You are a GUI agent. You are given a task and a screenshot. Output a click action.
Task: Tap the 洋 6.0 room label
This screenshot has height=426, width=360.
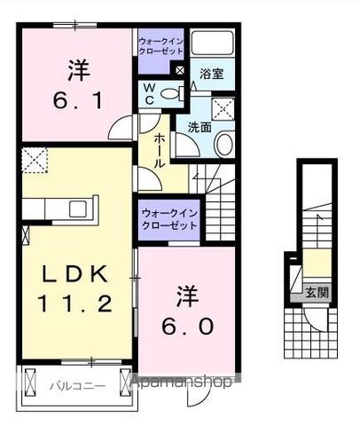[186, 310]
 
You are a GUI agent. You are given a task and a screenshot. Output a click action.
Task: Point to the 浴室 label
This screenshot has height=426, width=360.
[211, 75]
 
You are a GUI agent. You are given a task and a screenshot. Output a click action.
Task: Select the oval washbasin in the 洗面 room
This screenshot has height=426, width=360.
[223, 144]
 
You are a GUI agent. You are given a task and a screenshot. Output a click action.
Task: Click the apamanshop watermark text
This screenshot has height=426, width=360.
[183, 382]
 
